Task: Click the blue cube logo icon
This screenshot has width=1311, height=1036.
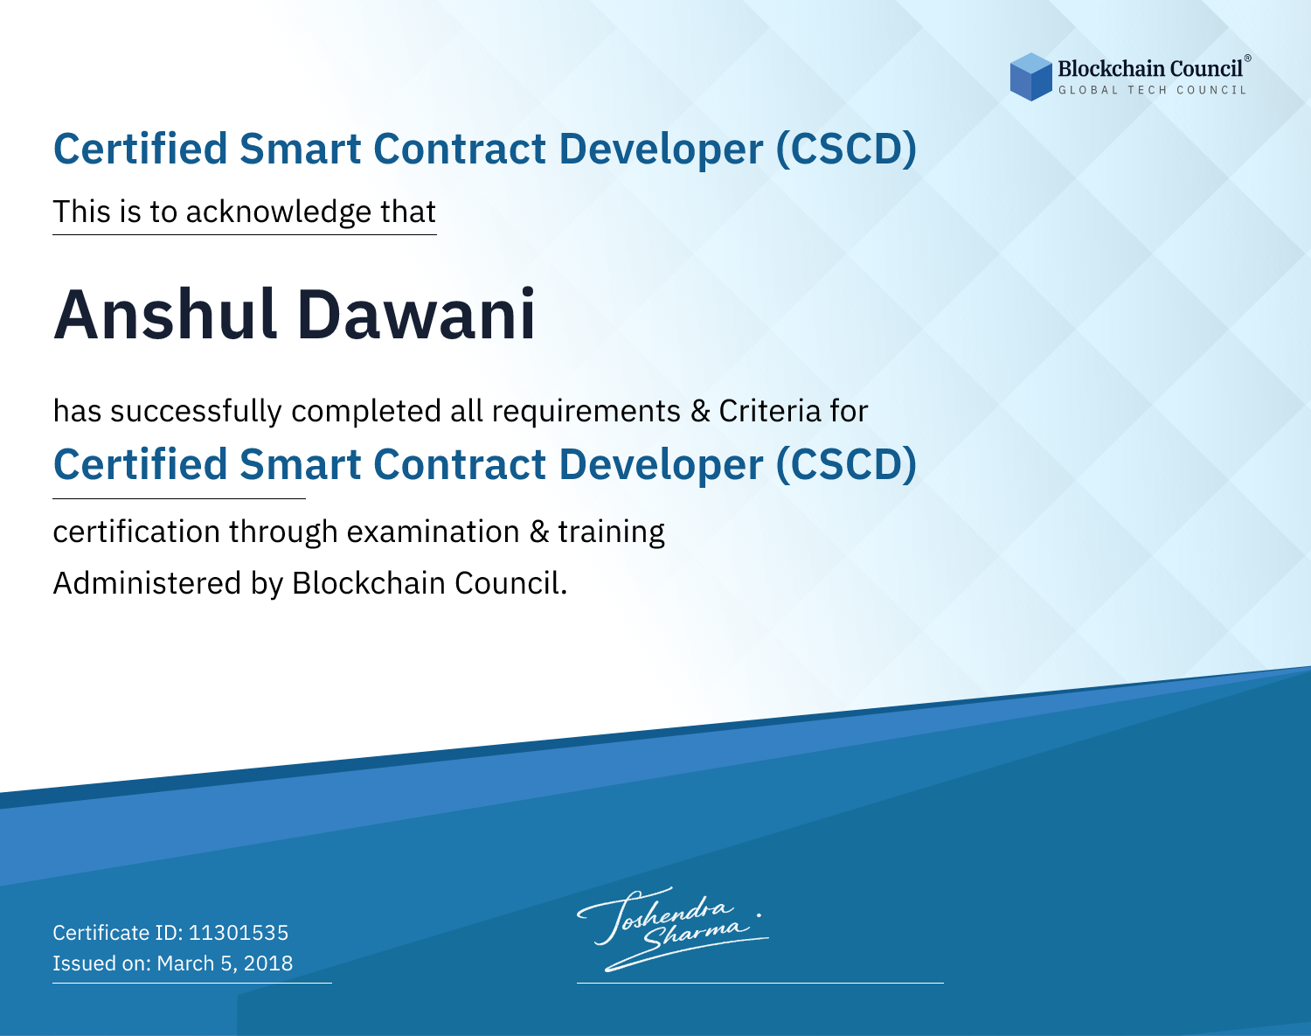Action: tap(1030, 77)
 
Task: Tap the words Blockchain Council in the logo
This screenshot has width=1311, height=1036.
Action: tap(1149, 69)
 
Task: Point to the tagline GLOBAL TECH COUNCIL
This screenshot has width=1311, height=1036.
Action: tap(1152, 90)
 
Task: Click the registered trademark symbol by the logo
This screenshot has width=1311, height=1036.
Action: tap(1247, 59)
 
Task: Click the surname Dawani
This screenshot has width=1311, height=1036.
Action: tap(416, 315)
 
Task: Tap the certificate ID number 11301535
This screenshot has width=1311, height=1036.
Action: tap(239, 932)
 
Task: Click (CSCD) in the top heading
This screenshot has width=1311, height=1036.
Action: tap(845, 149)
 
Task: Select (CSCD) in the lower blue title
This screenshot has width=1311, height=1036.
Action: tap(845, 464)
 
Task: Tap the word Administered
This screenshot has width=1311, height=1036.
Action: tap(147, 582)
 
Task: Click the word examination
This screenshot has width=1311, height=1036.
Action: tap(433, 532)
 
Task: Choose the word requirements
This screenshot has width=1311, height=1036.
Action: tap(586, 411)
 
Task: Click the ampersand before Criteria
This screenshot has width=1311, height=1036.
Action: tap(700, 411)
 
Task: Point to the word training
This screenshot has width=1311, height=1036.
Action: tap(611, 532)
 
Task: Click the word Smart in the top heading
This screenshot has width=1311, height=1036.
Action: tap(301, 149)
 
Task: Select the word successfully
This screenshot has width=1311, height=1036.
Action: tap(196, 412)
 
